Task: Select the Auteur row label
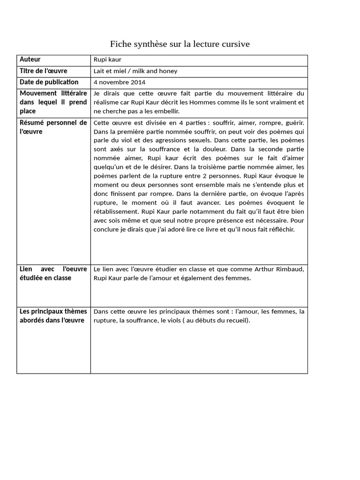click(30, 60)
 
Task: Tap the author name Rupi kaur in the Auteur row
click(107, 60)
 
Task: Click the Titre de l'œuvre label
click(43, 71)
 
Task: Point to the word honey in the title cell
click(168, 71)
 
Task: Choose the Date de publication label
click(49, 82)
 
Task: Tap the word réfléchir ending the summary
click(281, 229)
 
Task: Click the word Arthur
click(265, 269)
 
